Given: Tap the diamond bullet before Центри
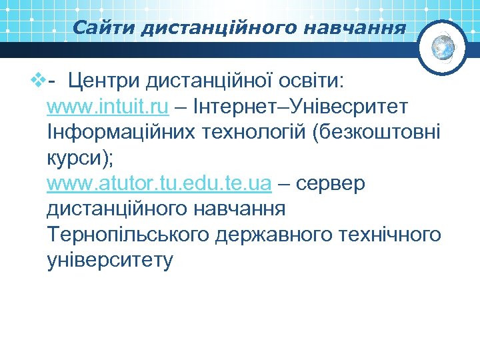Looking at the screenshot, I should (x=37, y=82).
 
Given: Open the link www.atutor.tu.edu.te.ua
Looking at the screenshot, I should (x=159, y=183).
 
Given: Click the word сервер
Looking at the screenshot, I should (x=330, y=183).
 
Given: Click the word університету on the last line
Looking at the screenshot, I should (x=110, y=260).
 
